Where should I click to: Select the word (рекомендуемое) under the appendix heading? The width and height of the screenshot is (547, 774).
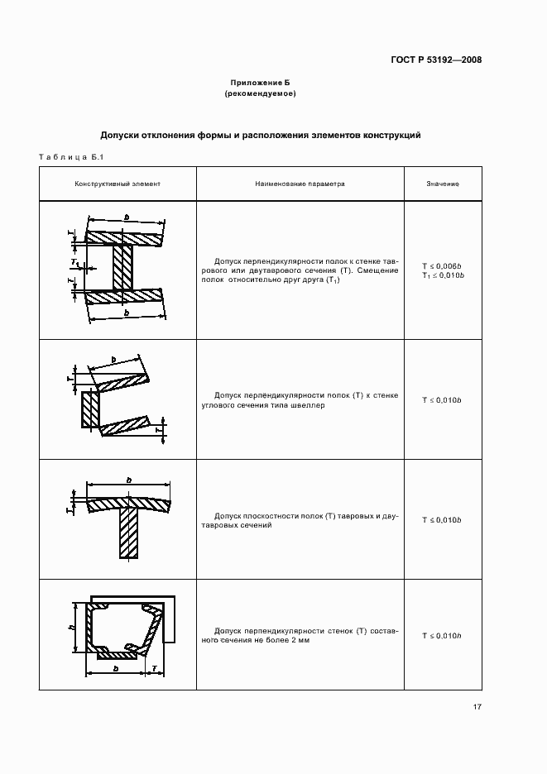[261, 94]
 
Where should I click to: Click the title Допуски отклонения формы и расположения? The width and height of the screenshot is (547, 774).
[261, 134]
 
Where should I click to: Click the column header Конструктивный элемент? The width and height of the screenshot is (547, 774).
[118, 184]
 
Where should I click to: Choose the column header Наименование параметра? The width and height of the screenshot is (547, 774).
[300, 184]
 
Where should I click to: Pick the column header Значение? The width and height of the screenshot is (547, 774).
[443, 184]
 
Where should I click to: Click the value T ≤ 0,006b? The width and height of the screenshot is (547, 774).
[443, 265]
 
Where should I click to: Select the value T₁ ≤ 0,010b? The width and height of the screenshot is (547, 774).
[443, 275]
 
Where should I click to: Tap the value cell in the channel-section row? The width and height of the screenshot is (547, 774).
[443, 400]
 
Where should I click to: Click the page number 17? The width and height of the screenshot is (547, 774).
[477, 706]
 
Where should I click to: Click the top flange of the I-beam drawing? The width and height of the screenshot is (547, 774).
[123, 238]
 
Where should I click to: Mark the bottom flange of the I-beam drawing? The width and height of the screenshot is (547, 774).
[123, 296]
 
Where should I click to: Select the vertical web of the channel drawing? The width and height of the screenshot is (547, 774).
[90, 409]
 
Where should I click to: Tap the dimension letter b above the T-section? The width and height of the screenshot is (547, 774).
[129, 480]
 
